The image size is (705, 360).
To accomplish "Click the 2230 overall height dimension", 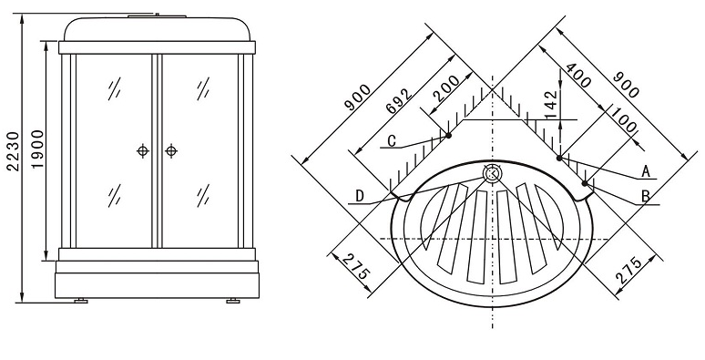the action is pos(14,151).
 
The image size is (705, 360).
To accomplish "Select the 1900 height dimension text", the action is pos(37,149).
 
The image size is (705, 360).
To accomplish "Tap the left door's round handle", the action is pos(143,150).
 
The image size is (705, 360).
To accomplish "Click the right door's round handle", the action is pos(171,150).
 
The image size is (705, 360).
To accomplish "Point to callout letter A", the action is pos(646,171).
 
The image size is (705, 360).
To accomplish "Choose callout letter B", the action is pos(646,196).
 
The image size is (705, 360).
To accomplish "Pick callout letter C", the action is pos(392,141).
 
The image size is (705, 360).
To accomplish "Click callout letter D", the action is pos(359,196).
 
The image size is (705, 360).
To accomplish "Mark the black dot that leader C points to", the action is pos(448,135).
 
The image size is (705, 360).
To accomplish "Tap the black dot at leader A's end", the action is pos(559,158).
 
